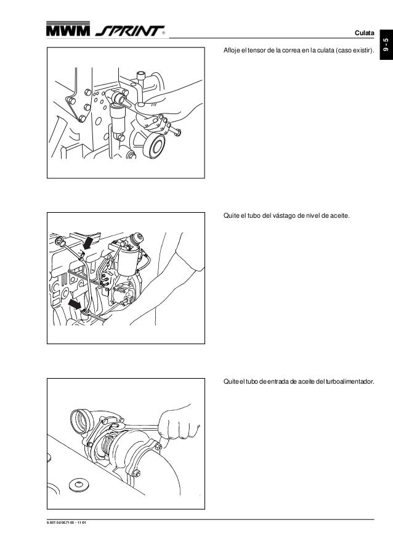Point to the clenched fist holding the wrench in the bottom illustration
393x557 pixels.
tap(174, 426)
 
